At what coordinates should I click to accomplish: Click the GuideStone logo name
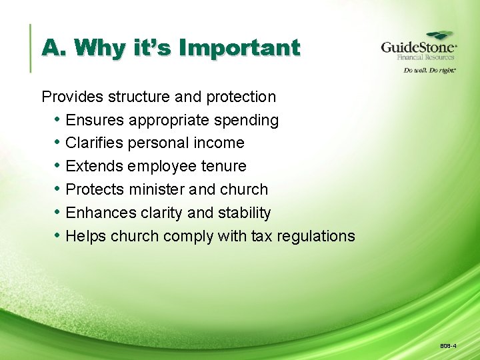pos(418,48)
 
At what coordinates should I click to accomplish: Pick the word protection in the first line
pos(241,97)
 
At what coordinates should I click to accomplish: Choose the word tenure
pos(223,166)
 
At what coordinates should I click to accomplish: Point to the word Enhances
pos(100,213)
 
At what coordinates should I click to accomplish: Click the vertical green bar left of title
pos(31,48)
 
